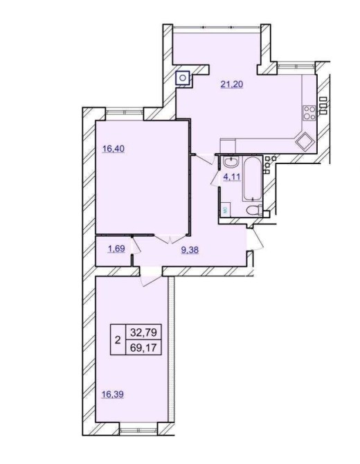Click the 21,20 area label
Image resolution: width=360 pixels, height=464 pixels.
pos(232,84)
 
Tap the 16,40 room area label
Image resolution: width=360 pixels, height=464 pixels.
pos(114,149)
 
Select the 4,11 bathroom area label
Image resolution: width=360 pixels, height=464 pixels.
pos(232,177)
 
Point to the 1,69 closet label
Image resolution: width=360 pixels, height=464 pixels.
pos(116,249)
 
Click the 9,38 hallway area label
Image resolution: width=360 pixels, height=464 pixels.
pos(190,250)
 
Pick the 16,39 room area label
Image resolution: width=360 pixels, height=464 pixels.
pos(112,395)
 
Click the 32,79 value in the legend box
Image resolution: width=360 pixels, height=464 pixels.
pos(144,332)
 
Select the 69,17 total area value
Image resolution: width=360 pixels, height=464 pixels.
pos(144,347)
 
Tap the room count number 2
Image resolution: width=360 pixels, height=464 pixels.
pos(118,340)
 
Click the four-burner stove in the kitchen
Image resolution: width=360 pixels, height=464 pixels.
pos(309,113)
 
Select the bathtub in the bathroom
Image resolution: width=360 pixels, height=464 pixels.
pos(252,179)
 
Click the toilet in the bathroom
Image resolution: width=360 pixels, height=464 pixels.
pos(254,210)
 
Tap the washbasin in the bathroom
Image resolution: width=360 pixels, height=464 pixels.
pos(232,162)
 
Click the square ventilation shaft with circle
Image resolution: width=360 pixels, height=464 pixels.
pos(183,78)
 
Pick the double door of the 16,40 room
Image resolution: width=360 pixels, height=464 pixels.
pos(170,238)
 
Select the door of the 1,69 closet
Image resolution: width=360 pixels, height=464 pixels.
pos(136,245)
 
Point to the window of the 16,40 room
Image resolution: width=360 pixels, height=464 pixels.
pos(125,113)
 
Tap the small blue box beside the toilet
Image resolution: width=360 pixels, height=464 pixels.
pos(226,210)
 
